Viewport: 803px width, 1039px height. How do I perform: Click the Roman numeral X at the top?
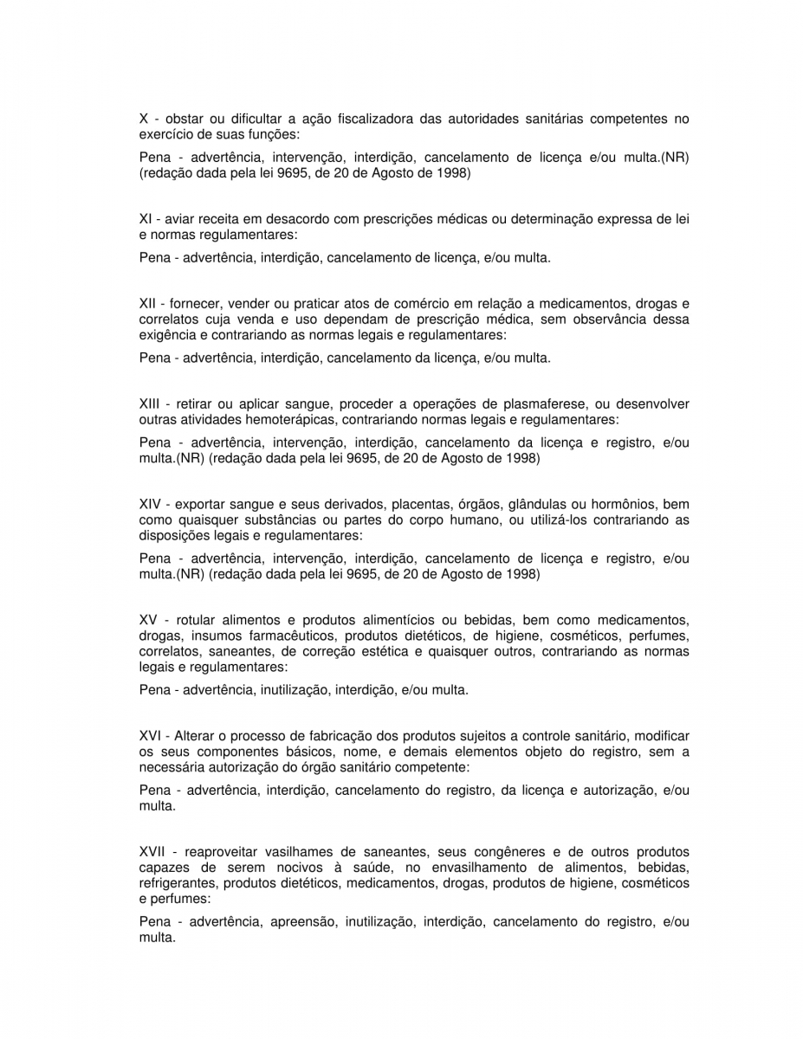(144, 119)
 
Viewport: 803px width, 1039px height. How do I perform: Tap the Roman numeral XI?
(146, 218)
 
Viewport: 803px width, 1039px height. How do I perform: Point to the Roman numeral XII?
(147, 303)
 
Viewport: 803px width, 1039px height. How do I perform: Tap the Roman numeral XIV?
(151, 504)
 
